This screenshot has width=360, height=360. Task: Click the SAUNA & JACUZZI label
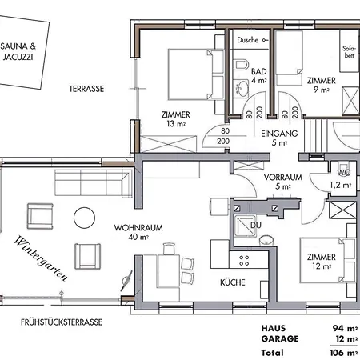tap(18, 51)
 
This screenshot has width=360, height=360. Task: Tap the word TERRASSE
tap(86, 89)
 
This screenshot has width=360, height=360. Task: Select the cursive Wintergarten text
tap(41, 258)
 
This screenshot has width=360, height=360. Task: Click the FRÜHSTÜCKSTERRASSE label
tap(62, 322)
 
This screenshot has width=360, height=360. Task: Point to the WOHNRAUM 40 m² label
tap(138, 232)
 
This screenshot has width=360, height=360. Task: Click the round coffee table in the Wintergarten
tap(84, 218)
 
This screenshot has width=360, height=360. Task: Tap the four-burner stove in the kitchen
tap(244, 261)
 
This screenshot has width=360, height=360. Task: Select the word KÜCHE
tap(233, 282)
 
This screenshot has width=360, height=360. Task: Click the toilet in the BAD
tap(241, 65)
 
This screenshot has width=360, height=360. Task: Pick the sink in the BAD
tap(242, 89)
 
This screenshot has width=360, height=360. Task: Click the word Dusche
tap(248, 40)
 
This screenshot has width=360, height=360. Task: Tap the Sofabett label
tap(349, 52)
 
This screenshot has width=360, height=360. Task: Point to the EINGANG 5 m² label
tap(279, 138)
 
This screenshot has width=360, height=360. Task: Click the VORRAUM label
tap(283, 178)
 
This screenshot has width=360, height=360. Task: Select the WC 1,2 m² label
tap(341, 179)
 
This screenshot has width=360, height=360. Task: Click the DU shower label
tap(256, 226)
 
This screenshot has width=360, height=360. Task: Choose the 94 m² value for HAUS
tap(345, 328)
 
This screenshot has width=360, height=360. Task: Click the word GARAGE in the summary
tap(280, 338)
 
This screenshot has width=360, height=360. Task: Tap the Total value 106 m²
tap(344, 353)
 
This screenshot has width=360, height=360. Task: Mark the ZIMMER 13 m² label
tap(176, 119)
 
